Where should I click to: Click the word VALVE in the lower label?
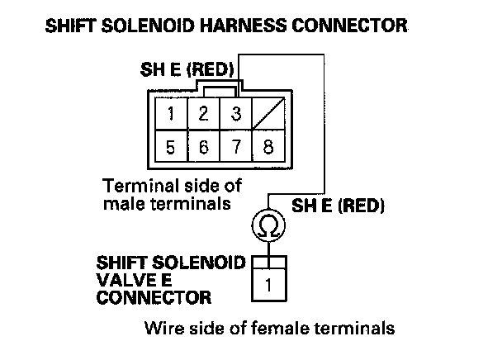pos(121,280)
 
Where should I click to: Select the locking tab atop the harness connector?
pos(219,88)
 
